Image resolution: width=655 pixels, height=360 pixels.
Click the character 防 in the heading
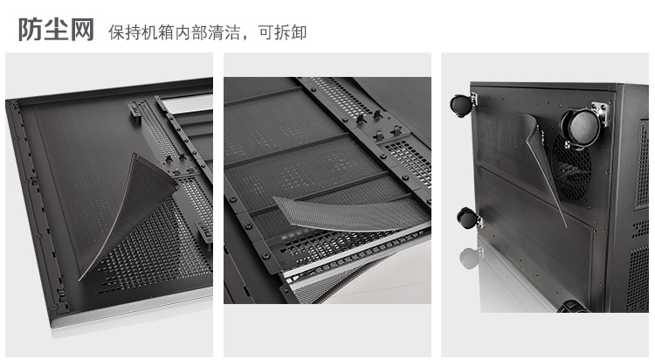tap(31, 29)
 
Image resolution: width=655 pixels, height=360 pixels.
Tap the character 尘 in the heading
tap(56, 29)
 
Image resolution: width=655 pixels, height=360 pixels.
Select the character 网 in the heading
tap(82, 29)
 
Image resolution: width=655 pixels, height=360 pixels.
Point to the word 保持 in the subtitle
tap(125, 32)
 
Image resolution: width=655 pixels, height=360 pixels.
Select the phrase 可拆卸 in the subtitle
tap(282, 32)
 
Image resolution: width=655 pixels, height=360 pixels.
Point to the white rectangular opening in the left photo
tap(188, 103)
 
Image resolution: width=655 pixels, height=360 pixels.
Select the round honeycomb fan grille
tap(571, 167)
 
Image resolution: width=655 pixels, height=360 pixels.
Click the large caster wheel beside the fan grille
tap(581, 128)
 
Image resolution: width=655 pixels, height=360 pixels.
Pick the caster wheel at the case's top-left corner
tap(461, 105)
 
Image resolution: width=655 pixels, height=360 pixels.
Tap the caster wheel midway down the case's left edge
tap(467, 218)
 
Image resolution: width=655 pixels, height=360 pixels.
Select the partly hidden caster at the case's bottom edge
tap(573, 307)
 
